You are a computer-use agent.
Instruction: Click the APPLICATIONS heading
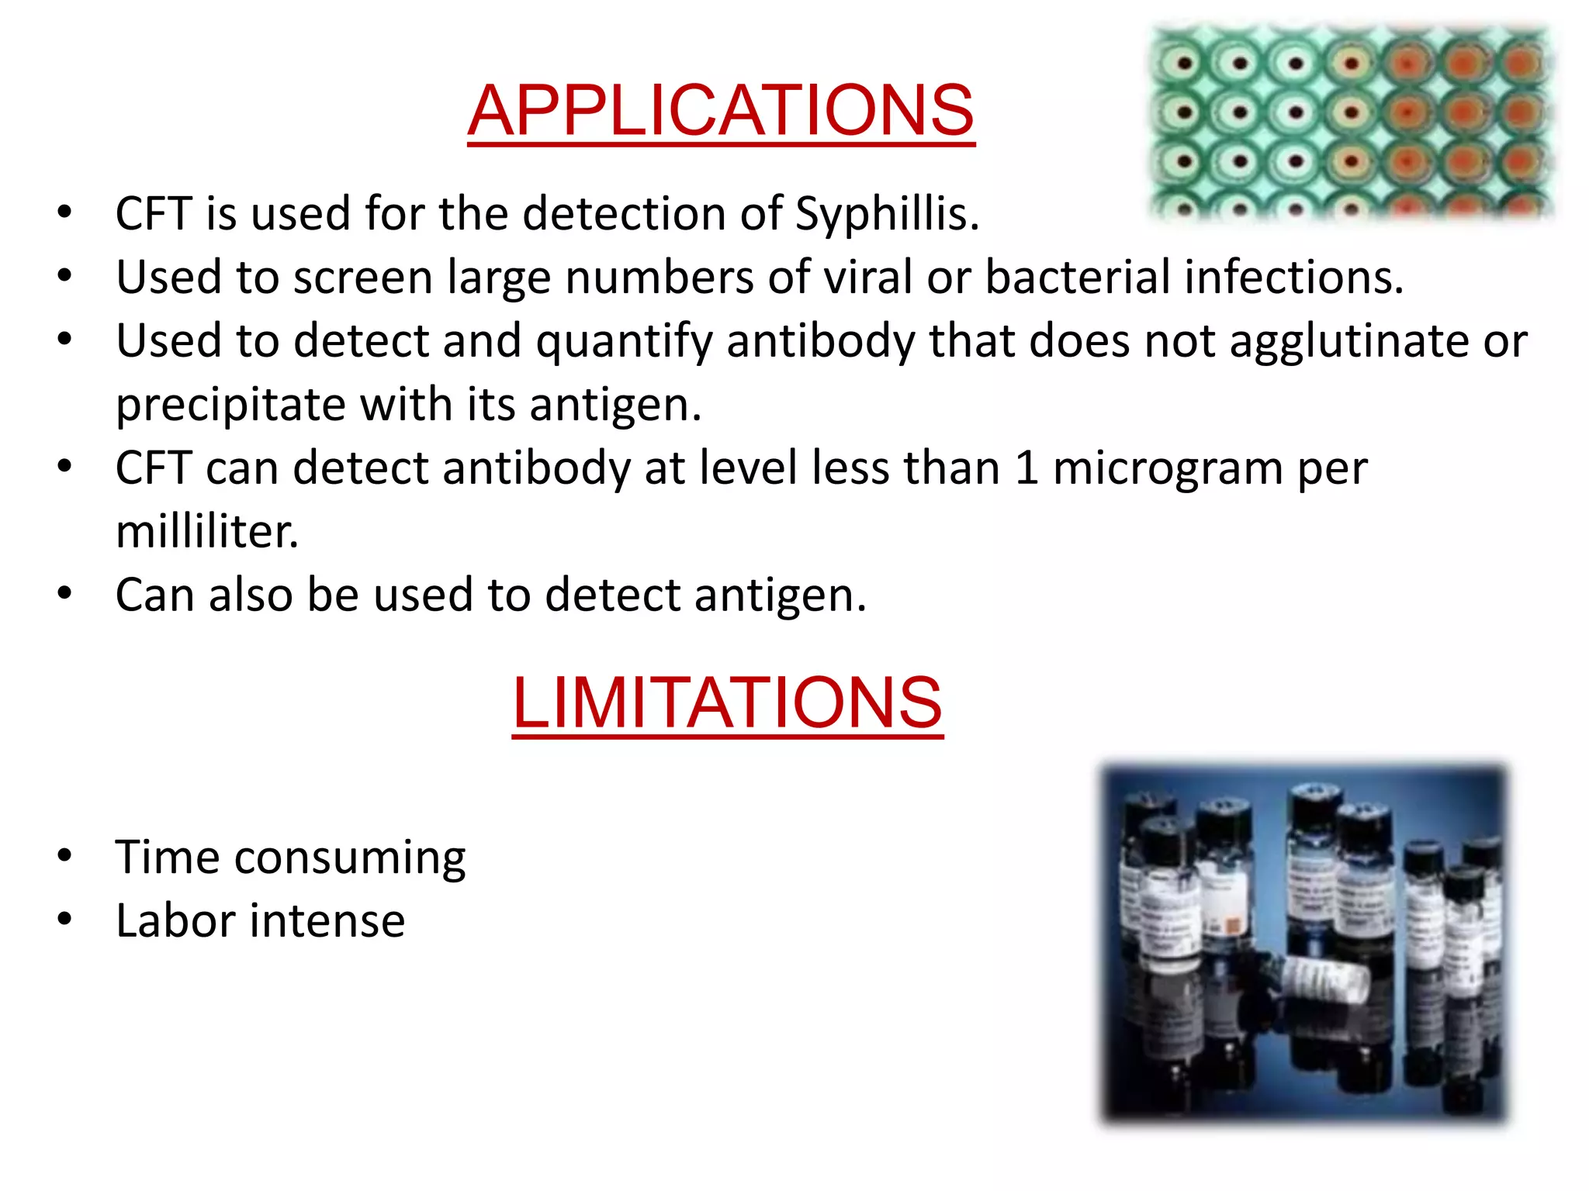(721, 110)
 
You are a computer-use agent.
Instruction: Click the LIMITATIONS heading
(727, 703)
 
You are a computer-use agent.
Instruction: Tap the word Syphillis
(887, 214)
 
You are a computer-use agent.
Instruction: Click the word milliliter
(206, 533)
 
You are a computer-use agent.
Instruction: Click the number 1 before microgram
(1026, 468)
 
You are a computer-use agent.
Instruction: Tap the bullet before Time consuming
(64, 856)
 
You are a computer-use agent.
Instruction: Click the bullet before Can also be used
(64, 594)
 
